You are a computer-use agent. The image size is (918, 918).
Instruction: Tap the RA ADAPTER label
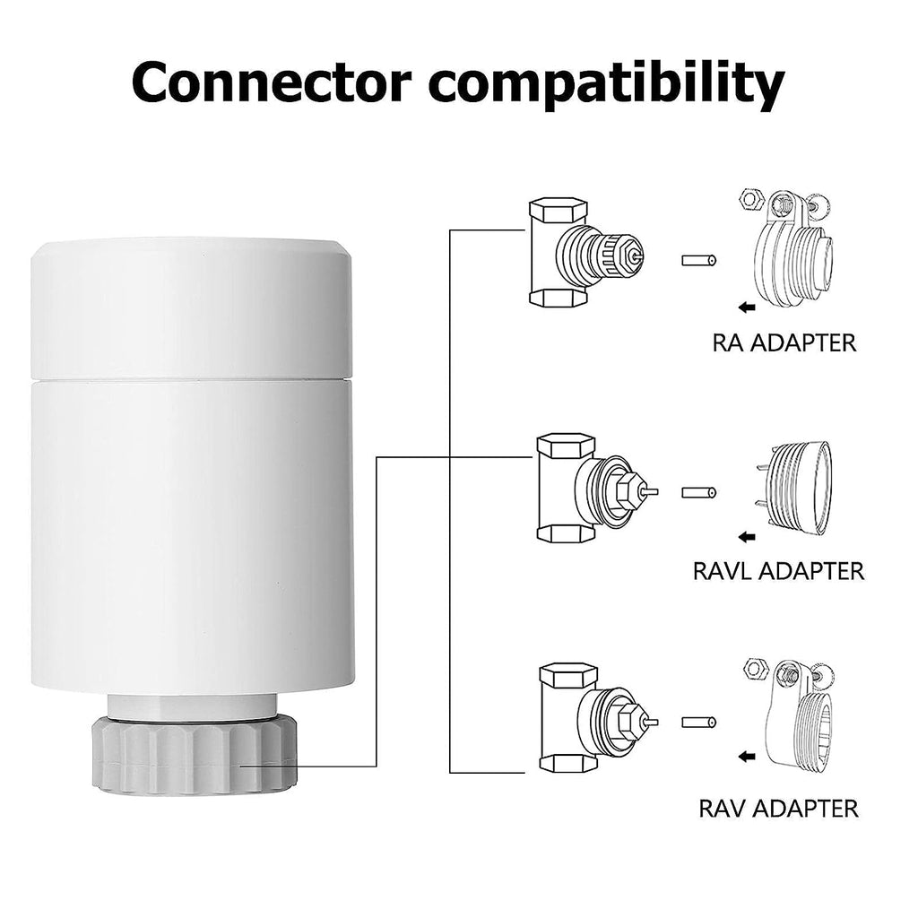click(x=784, y=342)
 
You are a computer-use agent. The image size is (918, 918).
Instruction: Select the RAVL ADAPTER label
click(x=778, y=570)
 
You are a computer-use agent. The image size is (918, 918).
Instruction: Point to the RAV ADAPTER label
click(x=778, y=808)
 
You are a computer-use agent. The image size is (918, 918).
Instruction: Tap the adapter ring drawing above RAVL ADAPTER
click(x=792, y=488)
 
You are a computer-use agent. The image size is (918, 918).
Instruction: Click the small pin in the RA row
click(x=698, y=262)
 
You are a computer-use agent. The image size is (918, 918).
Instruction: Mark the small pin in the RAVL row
click(x=698, y=492)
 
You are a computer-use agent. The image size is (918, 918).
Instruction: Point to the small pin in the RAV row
click(x=698, y=722)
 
